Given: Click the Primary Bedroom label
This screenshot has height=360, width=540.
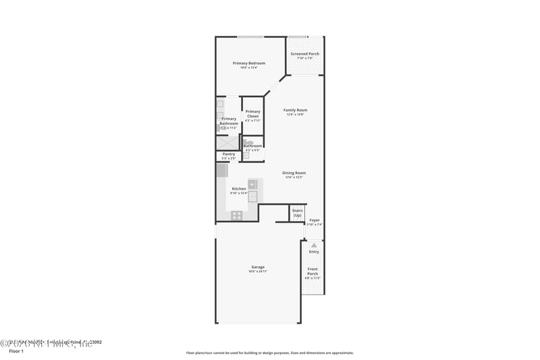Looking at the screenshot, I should pyautogui.click(x=249, y=63).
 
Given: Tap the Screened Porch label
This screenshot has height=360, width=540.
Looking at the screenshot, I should pyautogui.click(x=305, y=54).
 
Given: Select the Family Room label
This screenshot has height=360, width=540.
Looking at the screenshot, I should pyautogui.click(x=295, y=110).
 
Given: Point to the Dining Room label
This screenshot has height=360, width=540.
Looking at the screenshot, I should pyautogui.click(x=294, y=173).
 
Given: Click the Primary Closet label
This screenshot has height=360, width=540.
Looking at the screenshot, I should pyautogui.click(x=252, y=113).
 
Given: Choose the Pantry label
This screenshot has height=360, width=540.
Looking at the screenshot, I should pyautogui.click(x=228, y=154).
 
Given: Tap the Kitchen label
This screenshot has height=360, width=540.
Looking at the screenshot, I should pyautogui.click(x=239, y=188).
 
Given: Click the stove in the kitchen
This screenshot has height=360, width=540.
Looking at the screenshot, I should pyautogui.click(x=236, y=215).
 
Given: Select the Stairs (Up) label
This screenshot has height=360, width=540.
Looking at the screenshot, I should pyautogui.click(x=297, y=213).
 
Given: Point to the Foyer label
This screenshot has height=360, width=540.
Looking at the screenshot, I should pyautogui.click(x=315, y=220).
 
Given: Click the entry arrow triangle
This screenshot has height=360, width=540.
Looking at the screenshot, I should pyautogui.click(x=313, y=245).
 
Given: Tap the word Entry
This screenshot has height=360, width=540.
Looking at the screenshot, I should pyautogui.click(x=314, y=252).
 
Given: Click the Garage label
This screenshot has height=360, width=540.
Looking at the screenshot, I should pyautogui.click(x=258, y=267).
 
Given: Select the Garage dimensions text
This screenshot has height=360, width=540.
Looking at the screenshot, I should pyautogui.click(x=258, y=272).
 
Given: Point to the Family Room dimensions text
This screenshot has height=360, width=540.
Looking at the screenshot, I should pyautogui.click(x=295, y=115).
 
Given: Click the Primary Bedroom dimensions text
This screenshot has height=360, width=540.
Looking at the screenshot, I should pyautogui.click(x=249, y=68).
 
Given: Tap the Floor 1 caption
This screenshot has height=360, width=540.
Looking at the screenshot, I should pyautogui.click(x=16, y=351).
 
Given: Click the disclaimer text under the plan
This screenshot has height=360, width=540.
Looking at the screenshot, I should pyautogui.click(x=269, y=353).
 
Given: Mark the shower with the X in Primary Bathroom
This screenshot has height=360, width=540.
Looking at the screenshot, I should pyautogui.click(x=227, y=143).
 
